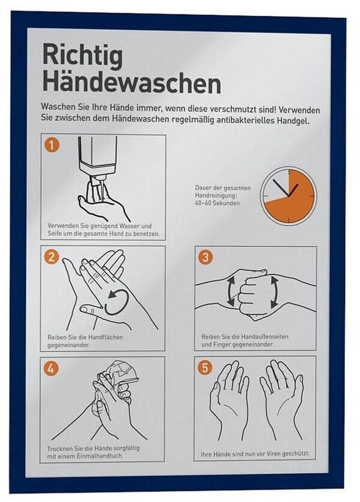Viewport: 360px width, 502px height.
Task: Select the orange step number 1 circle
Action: point(52,146)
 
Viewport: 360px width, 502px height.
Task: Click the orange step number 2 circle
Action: point(52,257)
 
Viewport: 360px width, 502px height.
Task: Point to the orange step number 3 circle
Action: point(206,257)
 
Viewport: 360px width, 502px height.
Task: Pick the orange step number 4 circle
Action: point(51,368)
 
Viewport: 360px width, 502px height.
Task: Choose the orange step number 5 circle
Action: point(205,368)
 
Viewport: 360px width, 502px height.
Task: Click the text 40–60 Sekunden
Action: point(217,203)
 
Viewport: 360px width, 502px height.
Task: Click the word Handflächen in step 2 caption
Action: point(105,337)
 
